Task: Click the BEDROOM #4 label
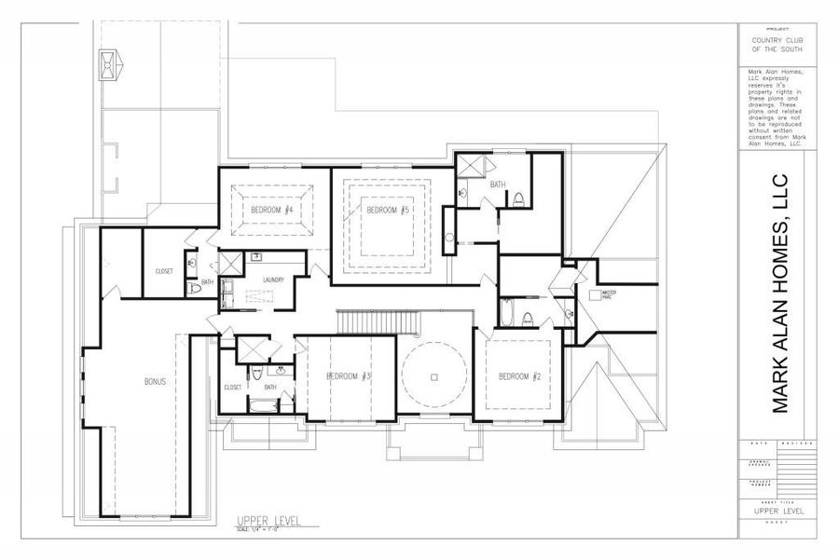(x=272, y=211)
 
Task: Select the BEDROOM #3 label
(x=350, y=376)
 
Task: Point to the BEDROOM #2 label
(x=519, y=376)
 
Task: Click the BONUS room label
(x=155, y=381)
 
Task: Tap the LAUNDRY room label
(x=273, y=279)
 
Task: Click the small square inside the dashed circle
(x=434, y=376)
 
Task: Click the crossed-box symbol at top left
(x=108, y=64)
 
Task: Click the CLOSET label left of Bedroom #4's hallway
(x=164, y=271)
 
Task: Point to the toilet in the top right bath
(x=519, y=198)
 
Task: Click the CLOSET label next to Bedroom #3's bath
(x=233, y=387)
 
